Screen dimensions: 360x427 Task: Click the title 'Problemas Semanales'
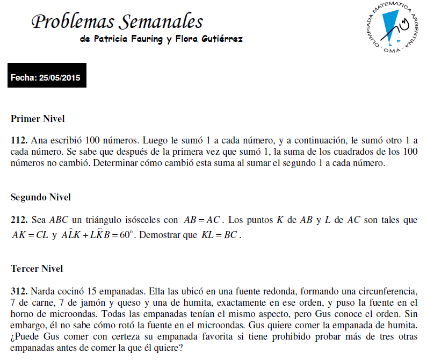tap(117, 21)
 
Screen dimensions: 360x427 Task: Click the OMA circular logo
tap(392, 27)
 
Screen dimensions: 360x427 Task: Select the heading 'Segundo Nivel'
tap(41, 197)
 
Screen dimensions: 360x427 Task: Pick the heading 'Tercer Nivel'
tap(37, 268)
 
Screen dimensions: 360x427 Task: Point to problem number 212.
tap(19, 220)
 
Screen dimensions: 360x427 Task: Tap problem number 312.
tap(19, 292)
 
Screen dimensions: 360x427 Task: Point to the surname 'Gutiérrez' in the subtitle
tap(221, 39)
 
